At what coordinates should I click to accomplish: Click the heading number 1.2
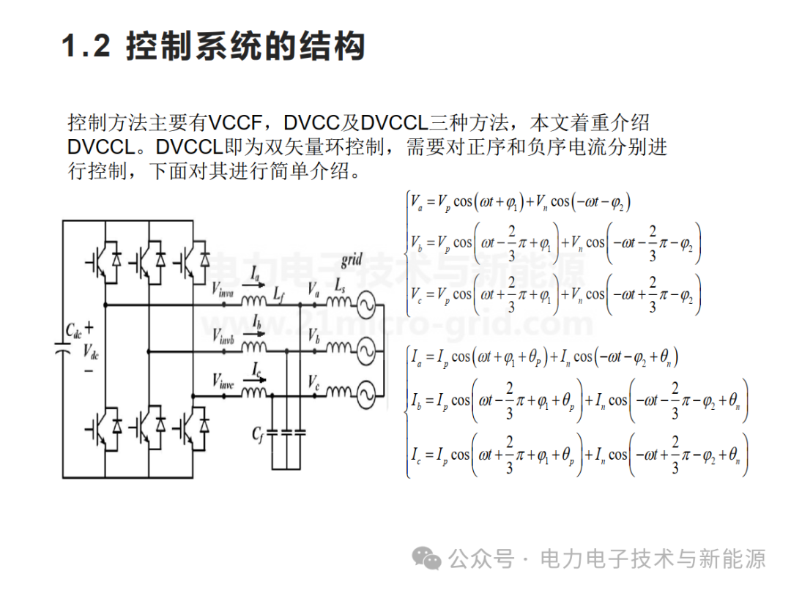pos(86,45)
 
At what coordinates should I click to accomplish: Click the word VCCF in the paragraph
pos(234,122)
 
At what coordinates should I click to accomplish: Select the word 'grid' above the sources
pos(352,261)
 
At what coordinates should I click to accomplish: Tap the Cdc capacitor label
pos(74,331)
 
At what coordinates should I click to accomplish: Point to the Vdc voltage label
pos(91,351)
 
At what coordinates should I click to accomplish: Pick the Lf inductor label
pos(279,294)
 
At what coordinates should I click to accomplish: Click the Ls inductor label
pos(340,286)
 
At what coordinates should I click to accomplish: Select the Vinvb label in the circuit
pos(223,336)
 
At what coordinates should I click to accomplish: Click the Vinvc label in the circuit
pos(223,381)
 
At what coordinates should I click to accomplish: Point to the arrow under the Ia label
pos(254,285)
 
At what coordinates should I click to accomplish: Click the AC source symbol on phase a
pos(365,305)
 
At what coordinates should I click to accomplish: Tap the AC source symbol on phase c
pos(365,395)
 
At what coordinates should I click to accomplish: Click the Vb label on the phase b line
pos(313,335)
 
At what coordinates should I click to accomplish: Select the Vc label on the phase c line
pos(313,381)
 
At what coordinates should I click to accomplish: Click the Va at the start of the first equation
pos(416,203)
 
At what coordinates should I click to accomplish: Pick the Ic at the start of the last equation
pos(416,455)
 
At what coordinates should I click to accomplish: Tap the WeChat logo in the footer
pos(426,558)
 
